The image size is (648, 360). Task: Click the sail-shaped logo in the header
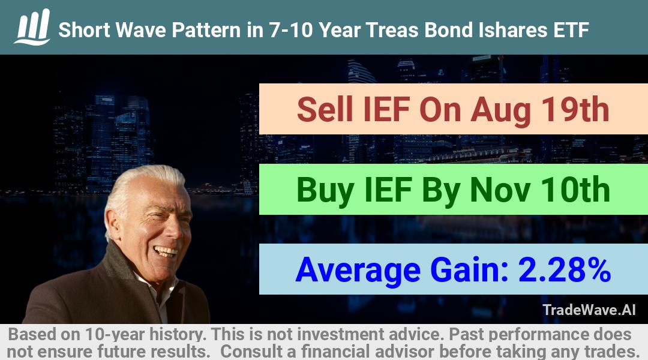click(x=32, y=27)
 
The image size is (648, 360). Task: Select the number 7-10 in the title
click(x=291, y=30)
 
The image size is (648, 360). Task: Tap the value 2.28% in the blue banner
click(x=564, y=269)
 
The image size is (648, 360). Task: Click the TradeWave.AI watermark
click(x=589, y=310)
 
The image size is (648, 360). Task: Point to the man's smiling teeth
click(x=166, y=250)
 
